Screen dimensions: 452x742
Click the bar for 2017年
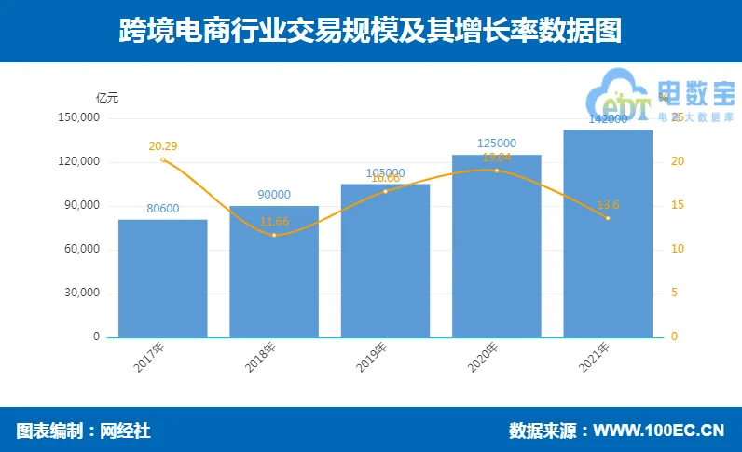pos(162,278)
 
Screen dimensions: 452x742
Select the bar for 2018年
pos(274,271)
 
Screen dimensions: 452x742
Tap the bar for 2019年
pos(385,261)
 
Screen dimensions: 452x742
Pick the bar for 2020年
pos(496,246)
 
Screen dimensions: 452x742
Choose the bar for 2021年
pos(608,234)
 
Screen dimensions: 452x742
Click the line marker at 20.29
pos(163,159)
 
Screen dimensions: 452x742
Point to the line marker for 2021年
pos(608,218)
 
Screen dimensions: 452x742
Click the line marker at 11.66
pos(274,235)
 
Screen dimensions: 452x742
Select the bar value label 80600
pos(162,209)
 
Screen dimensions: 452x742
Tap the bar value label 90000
pos(274,195)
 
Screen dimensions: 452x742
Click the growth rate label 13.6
pos(608,205)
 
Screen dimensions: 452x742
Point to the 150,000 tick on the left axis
pos(78,118)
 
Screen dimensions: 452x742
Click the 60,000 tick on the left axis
pos(82,250)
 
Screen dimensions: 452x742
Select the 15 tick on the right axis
pos(678,205)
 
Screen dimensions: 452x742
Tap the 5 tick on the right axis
pos(675,293)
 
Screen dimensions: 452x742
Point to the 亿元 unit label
pos(107,97)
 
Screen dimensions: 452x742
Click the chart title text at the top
pos(370,32)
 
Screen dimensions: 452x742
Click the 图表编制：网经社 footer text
pos(83,431)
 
